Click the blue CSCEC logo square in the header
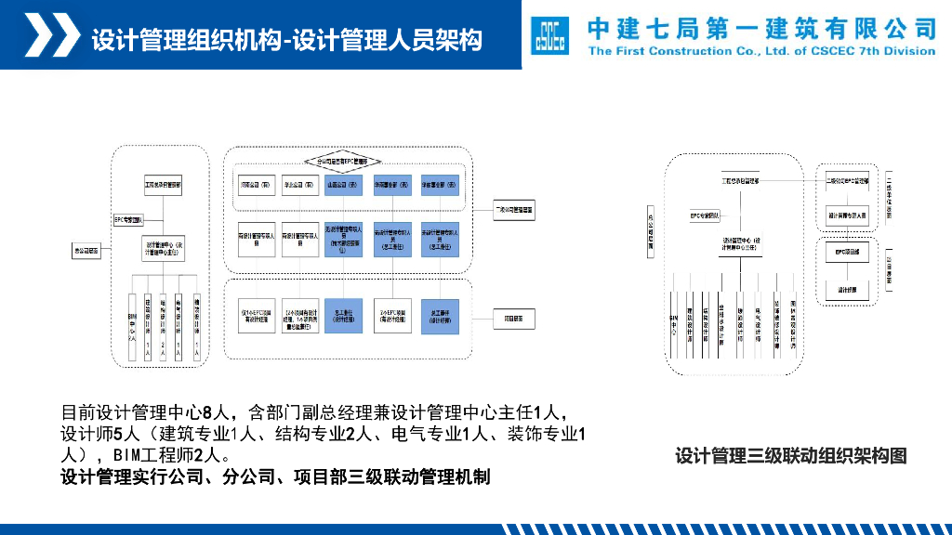point(549,36)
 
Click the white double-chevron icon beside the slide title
point(50,36)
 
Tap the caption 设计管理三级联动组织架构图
point(790,456)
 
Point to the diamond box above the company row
point(348,161)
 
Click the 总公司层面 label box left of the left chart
point(86,250)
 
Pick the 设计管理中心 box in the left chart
point(165,250)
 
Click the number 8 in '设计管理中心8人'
point(207,411)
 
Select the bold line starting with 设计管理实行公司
point(275,477)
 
